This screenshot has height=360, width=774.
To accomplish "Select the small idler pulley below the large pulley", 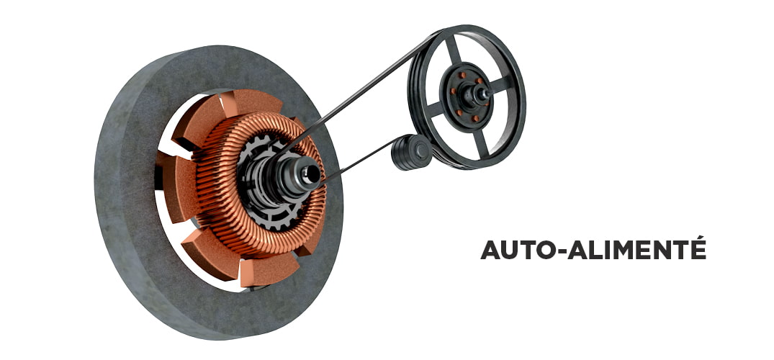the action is coord(411,152).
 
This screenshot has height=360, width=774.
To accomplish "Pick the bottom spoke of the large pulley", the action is coord(480,143).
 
